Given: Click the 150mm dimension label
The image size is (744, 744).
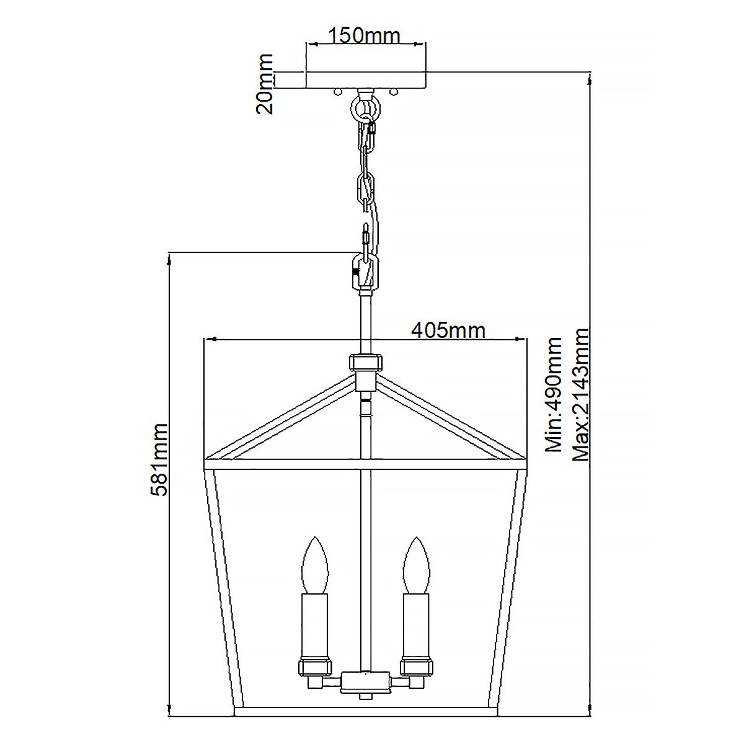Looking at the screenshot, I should (x=365, y=35).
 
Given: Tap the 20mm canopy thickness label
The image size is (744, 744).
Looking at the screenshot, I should (x=265, y=84).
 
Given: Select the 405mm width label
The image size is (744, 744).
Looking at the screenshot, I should (x=448, y=330).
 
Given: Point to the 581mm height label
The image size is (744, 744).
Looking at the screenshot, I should (x=159, y=460).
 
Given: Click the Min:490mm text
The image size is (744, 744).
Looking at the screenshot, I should (x=552, y=395).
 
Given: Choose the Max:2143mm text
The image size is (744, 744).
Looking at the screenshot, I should (x=581, y=395).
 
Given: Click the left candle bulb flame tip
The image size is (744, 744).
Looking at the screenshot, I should (x=314, y=539).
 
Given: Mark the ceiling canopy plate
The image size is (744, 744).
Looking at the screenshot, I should (x=366, y=79).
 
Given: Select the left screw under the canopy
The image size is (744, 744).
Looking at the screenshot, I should (x=337, y=92).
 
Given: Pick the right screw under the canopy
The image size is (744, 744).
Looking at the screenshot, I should (x=393, y=92).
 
